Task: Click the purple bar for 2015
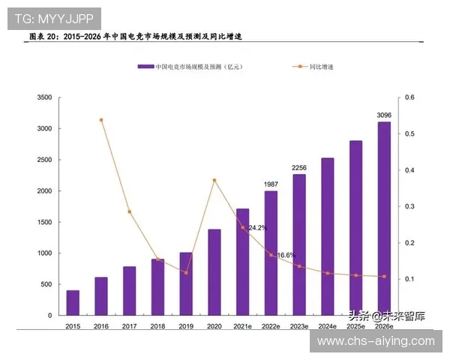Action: click(73, 302)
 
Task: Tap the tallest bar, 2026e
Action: click(384, 218)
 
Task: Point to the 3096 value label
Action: click(384, 115)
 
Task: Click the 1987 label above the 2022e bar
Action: click(271, 184)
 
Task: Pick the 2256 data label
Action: click(299, 167)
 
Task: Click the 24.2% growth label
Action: click(257, 227)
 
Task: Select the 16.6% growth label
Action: click(286, 256)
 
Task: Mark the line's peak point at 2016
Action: click(101, 120)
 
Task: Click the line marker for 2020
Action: click(214, 180)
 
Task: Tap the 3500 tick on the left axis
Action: click(44, 97)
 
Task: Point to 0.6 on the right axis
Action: click(409, 97)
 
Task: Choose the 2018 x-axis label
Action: click(157, 326)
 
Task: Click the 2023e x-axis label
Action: click(299, 326)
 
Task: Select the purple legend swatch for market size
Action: click(145, 67)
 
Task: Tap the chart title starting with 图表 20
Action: click(135, 36)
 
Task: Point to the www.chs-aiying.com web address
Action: click(376, 341)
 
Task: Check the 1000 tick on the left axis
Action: click(44, 253)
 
